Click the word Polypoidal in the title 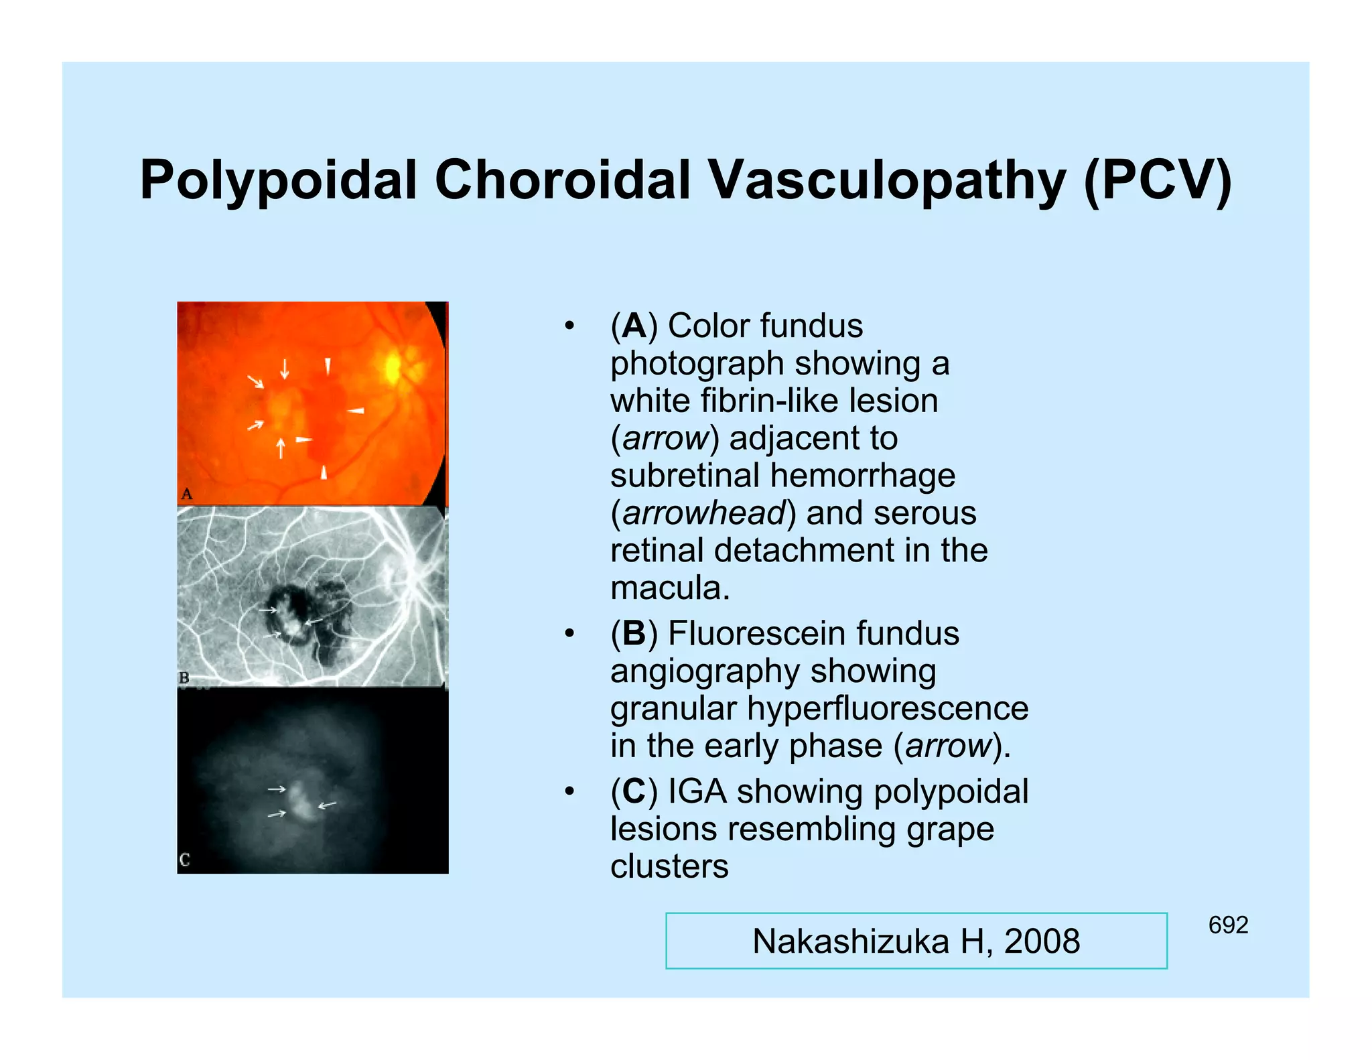point(278,181)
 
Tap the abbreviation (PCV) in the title point(1158,181)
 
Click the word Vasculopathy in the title point(886,181)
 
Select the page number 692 point(1228,925)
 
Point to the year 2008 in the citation point(1042,941)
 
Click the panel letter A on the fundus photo point(187,494)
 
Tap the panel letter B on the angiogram point(184,677)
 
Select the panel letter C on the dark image point(185,860)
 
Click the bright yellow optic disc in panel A point(393,367)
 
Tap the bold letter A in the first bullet point(634,326)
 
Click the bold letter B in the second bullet point(634,634)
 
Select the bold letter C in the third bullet point(634,791)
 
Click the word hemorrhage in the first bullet point(863,476)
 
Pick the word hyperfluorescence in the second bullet point(888,708)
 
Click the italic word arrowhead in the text point(703,513)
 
